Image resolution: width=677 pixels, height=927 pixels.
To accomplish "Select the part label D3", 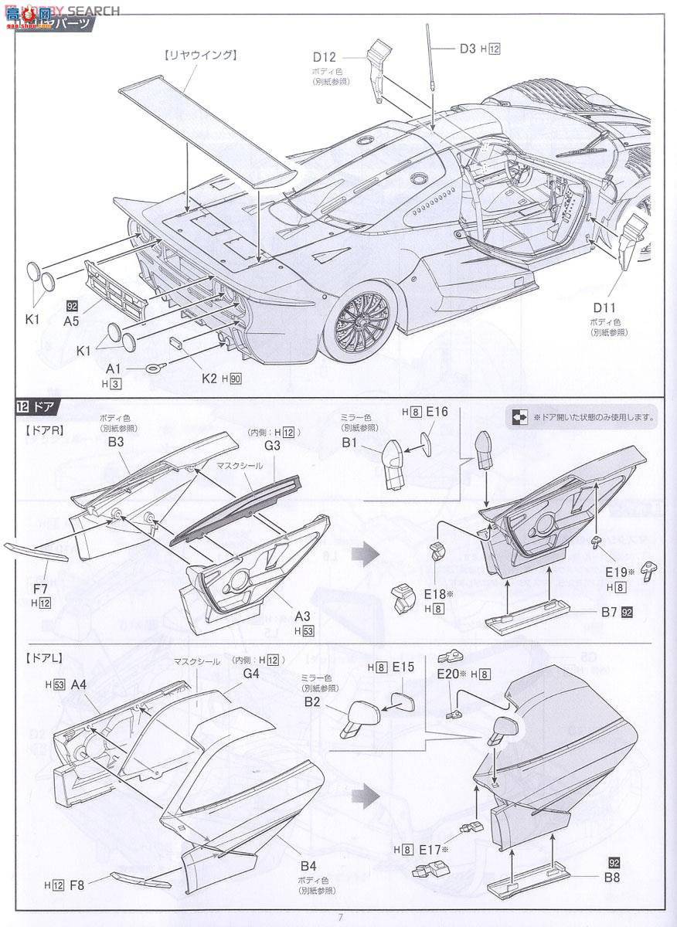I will tap(467, 49).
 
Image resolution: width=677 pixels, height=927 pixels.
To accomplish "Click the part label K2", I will tap(209, 379).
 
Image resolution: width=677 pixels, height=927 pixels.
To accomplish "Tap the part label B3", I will tap(117, 443).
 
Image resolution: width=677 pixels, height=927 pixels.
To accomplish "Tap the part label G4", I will tap(250, 673).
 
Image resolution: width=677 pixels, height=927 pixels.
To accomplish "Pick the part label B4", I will tap(308, 868).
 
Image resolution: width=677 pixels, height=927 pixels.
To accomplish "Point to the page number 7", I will tap(339, 918).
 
